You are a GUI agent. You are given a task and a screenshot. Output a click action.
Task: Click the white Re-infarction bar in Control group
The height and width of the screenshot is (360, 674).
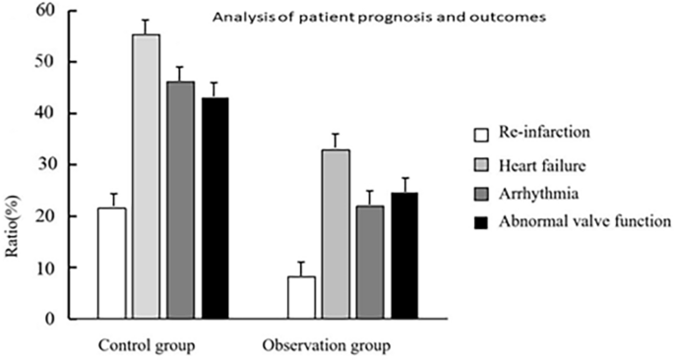pyautogui.click(x=111, y=264)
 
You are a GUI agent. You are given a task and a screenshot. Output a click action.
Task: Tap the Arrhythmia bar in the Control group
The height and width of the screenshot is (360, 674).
pyautogui.click(x=180, y=201)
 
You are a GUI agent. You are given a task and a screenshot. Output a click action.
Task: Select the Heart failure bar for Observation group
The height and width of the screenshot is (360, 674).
pyautogui.click(x=336, y=234)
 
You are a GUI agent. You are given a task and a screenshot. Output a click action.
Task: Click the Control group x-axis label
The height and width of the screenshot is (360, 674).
pyautogui.click(x=146, y=346)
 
